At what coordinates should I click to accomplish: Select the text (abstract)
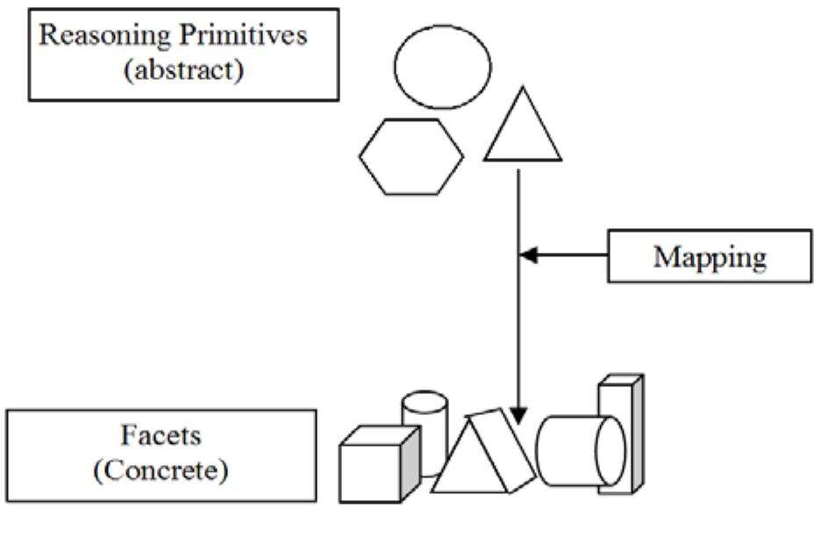183,69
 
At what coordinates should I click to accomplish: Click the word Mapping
710,257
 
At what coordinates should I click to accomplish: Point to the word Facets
161,435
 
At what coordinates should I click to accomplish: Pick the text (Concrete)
161,470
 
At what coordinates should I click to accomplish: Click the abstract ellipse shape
442,67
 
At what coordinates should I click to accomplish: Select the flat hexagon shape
411,156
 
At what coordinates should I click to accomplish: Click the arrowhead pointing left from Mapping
529,255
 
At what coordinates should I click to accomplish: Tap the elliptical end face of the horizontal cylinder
610,450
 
